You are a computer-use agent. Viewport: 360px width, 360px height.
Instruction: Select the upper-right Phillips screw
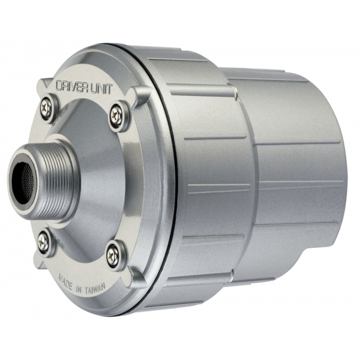(116, 113)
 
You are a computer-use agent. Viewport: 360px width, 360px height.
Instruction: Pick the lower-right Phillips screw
(113, 254)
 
